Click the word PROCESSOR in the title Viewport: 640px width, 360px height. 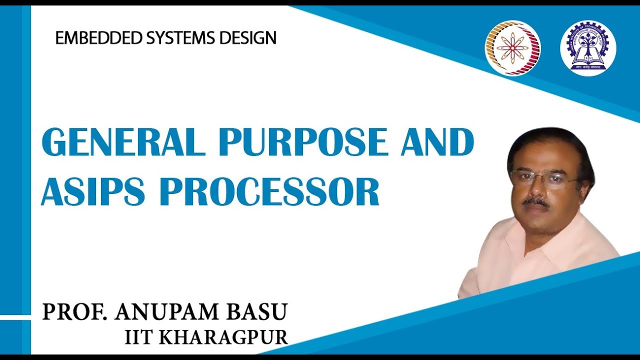pyautogui.click(x=270, y=192)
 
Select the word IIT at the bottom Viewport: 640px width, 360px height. pyautogui.click(x=137, y=336)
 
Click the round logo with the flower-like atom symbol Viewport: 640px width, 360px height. pyautogui.click(x=512, y=48)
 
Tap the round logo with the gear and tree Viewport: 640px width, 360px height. pyautogui.click(x=588, y=48)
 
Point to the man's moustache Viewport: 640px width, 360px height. pyautogui.click(x=536, y=201)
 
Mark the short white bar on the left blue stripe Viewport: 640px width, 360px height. pyautogui.click(x=15, y=317)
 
